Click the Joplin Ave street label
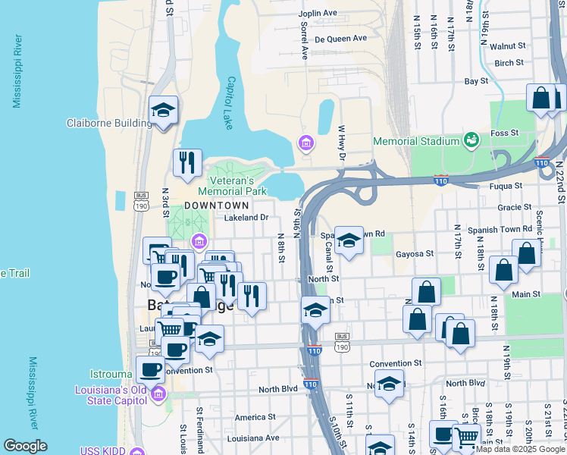(x=318, y=14)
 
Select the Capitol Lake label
(x=230, y=103)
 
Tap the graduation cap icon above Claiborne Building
(x=163, y=111)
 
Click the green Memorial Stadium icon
(x=472, y=140)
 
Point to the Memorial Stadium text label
(x=416, y=141)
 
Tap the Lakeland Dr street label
(x=247, y=218)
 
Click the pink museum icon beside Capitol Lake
(x=305, y=143)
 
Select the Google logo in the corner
(x=24, y=446)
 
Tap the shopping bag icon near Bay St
(x=541, y=98)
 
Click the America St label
(x=255, y=417)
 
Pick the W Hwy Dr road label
(x=341, y=143)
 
